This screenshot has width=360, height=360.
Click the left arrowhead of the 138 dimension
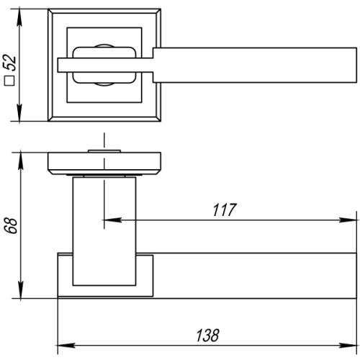62,345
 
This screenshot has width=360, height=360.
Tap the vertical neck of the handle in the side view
104,223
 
